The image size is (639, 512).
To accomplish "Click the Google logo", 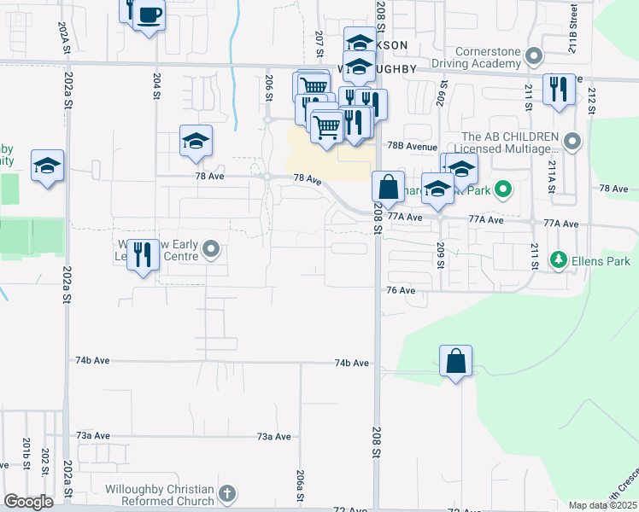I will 29,502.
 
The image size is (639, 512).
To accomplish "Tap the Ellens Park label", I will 600,258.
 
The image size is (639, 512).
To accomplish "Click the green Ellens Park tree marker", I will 559,258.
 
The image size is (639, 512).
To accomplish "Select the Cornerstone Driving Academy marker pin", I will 536,57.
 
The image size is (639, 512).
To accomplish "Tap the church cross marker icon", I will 226,493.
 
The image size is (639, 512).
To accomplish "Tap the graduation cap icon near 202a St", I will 47,166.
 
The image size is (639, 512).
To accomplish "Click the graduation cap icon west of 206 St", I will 196,141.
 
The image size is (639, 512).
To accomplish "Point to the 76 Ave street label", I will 401,291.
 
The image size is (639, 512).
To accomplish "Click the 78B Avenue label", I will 412,146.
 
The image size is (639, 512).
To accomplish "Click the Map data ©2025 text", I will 601,505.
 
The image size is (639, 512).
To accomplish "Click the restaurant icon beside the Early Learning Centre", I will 144,254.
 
